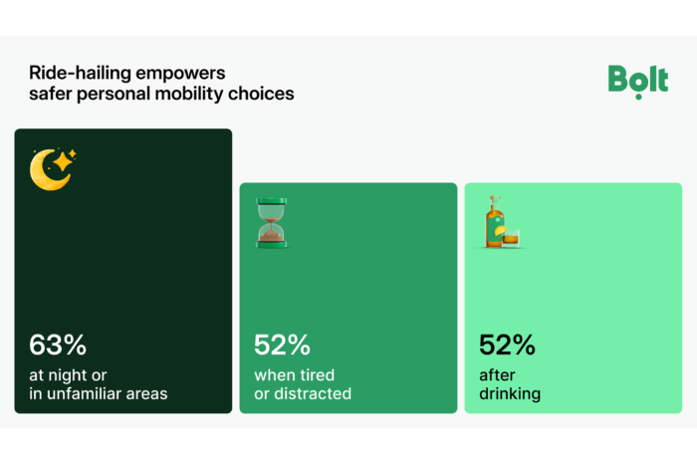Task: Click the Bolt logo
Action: [x=637, y=80]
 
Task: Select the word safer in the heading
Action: [x=51, y=95]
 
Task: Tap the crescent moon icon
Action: [x=47, y=171]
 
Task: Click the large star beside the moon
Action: [x=67, y=159]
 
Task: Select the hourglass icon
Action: [x=269, y=222]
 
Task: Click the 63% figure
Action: [x=58, y=346]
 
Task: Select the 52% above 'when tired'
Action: [x=282, y=346]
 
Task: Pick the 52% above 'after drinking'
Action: [x=507, y=346]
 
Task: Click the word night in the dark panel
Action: [x=68, y=375]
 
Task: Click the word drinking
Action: [x=509, y=393]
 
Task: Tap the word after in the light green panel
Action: [x=497, y=375]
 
